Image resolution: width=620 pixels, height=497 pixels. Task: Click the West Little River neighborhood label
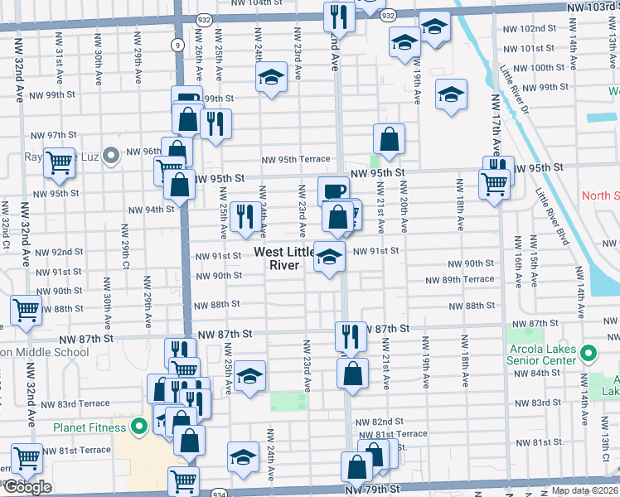coord(283,258)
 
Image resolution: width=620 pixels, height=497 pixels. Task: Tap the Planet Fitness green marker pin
coord(139,427)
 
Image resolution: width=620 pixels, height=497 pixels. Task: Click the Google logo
coord(27,488)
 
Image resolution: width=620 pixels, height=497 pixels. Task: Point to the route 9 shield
coord(179,46)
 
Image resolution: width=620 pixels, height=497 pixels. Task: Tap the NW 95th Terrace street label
coord(296,160)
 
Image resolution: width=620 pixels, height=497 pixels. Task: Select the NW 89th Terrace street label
coord(460,280)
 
